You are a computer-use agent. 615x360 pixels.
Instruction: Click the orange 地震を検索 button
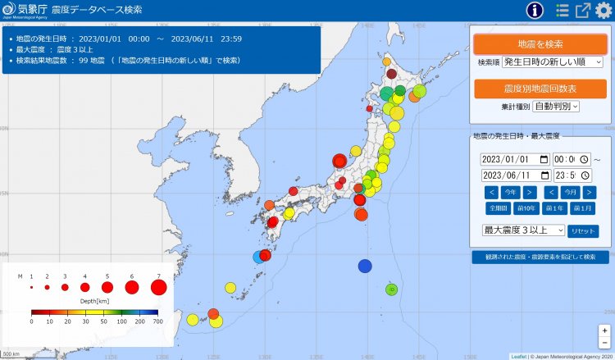pos(540,43)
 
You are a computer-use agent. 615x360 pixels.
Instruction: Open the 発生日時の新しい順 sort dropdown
pos(552,62)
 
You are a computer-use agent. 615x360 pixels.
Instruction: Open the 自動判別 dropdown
pos(556,106)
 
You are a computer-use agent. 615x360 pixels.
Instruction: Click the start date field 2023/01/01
pos(515,159)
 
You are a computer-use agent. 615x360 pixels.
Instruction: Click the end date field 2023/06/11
pos(515,175)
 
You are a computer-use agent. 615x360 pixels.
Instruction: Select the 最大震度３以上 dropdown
pos(523,230)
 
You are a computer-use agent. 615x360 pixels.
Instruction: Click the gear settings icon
pos(604,11)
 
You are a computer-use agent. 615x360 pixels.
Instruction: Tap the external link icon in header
pos(582,11)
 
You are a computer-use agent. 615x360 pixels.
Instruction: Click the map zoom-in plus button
pos(604,330)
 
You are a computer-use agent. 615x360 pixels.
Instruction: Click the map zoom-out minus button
pos(604,342)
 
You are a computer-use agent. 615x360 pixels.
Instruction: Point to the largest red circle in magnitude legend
pos(159,288)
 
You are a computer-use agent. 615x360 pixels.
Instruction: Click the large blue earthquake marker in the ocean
pos(365,266)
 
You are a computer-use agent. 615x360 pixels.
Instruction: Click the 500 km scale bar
pos(11,353)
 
